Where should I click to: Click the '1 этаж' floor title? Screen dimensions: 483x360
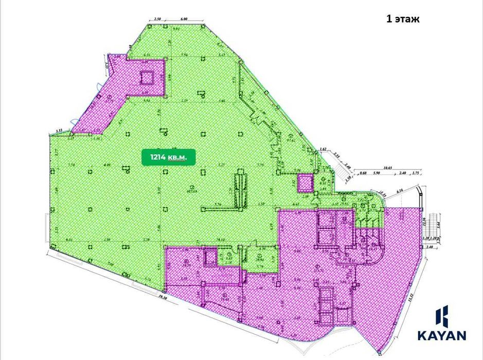(404, 20)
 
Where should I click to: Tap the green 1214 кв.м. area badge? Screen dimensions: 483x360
(166, 156)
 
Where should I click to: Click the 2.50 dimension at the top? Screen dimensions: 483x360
(157, 19)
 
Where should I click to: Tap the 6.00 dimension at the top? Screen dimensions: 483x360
(184, 19)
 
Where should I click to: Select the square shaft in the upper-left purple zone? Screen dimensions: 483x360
(146, 77)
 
